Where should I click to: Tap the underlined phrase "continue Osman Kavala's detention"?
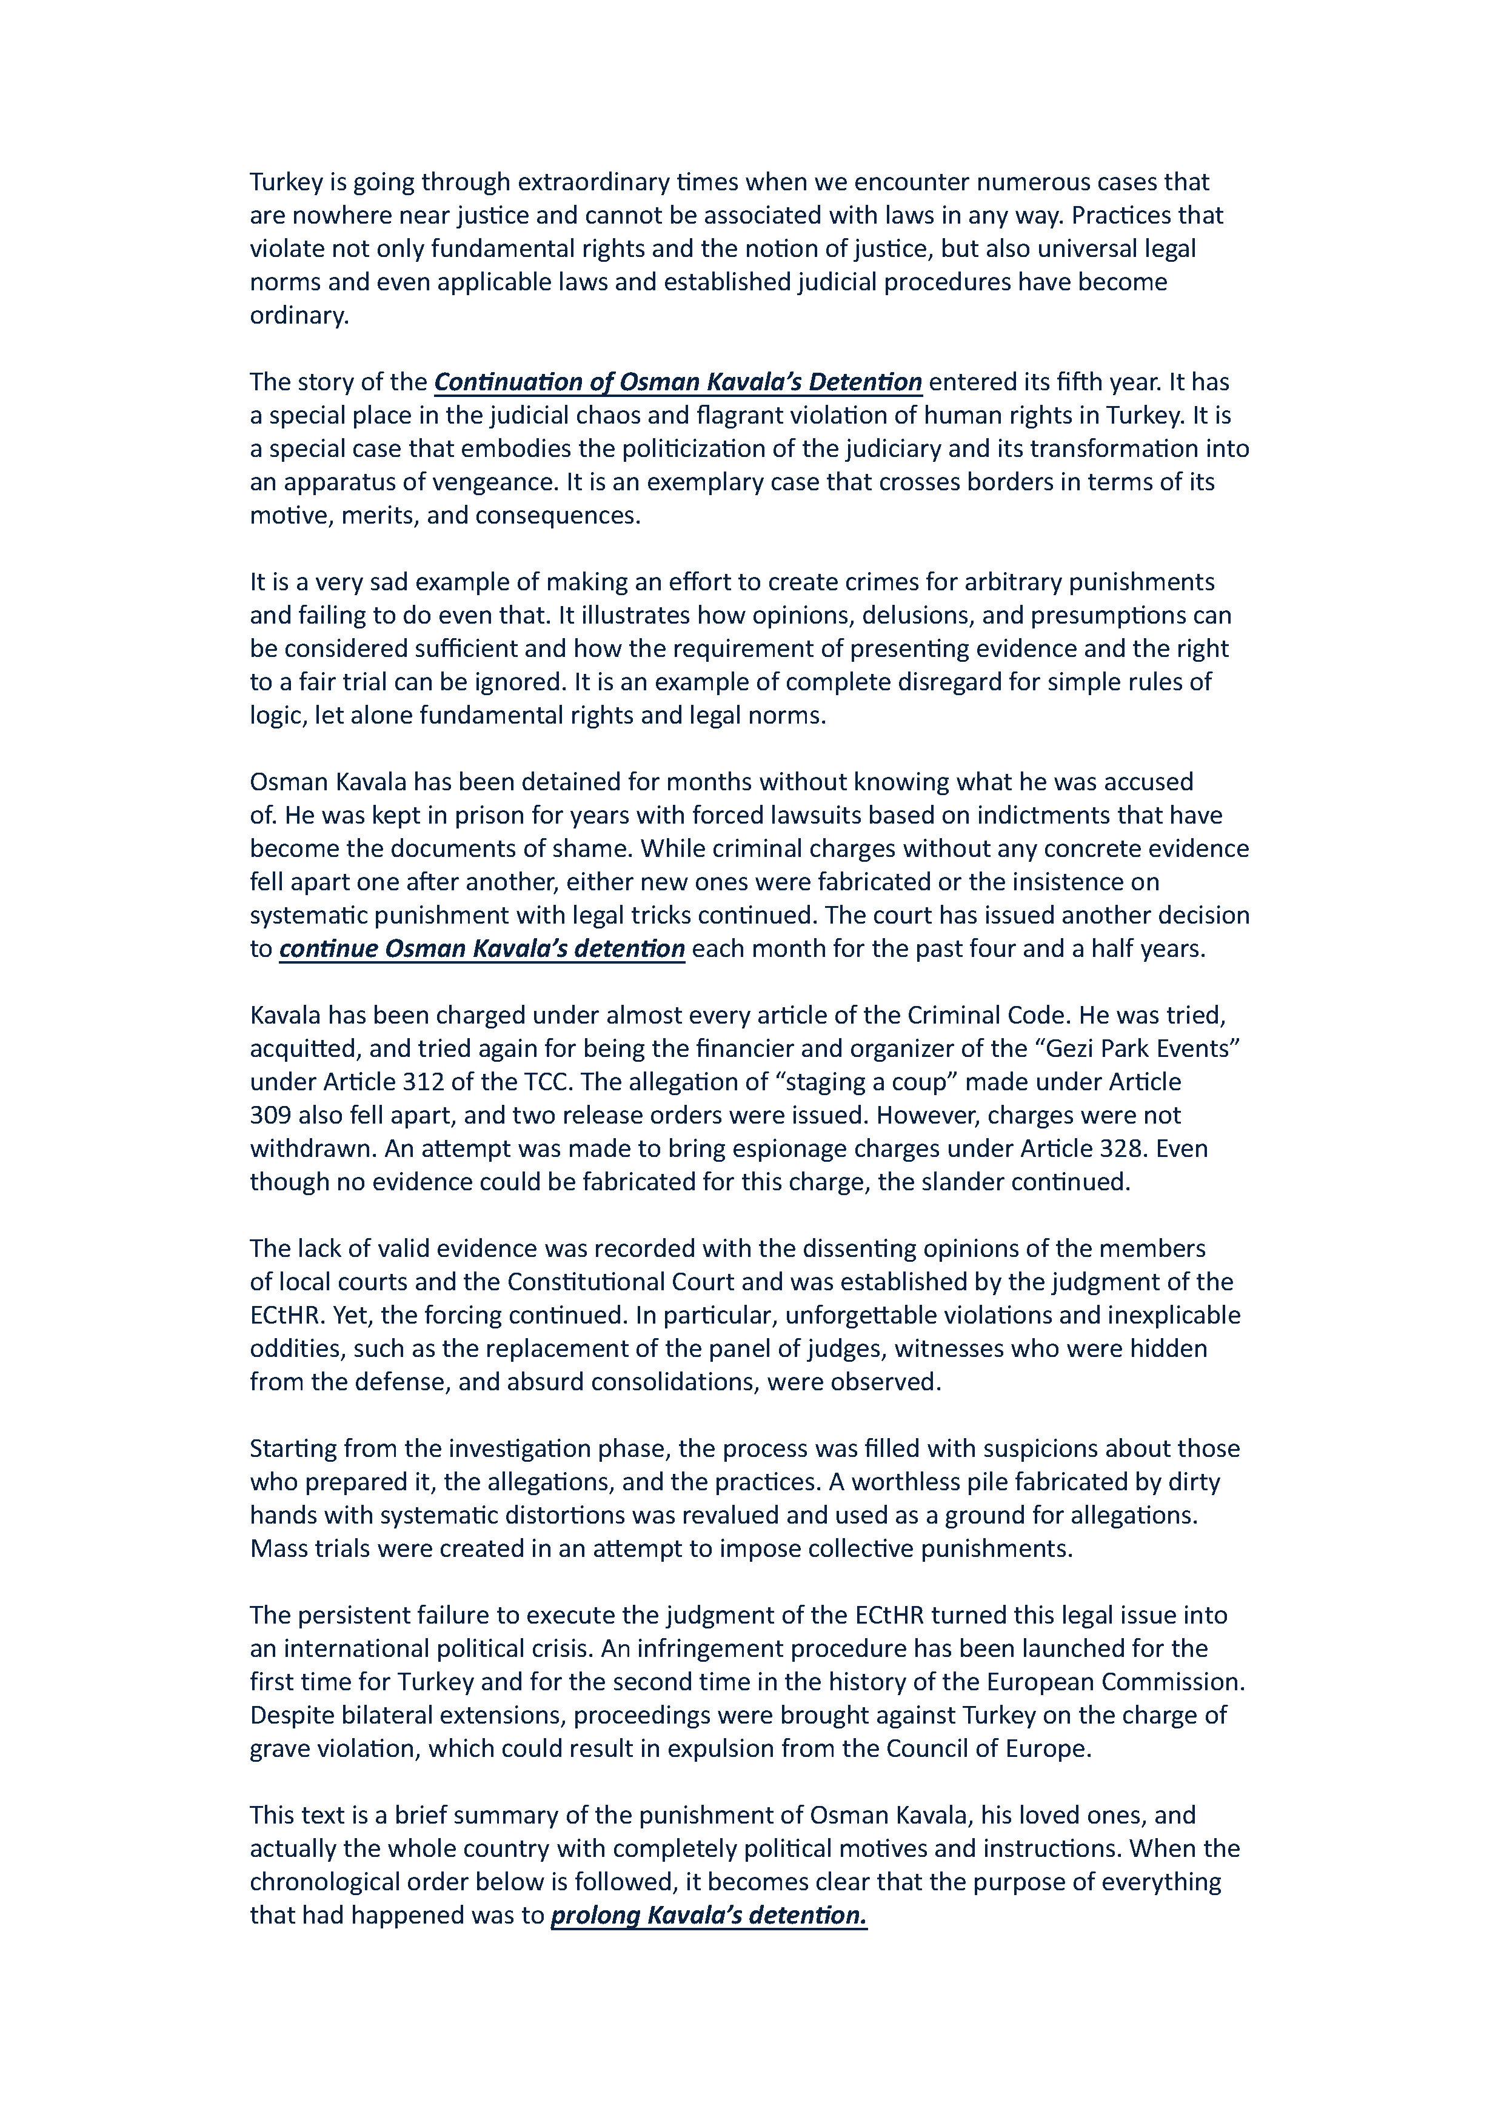tap(481, 948)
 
